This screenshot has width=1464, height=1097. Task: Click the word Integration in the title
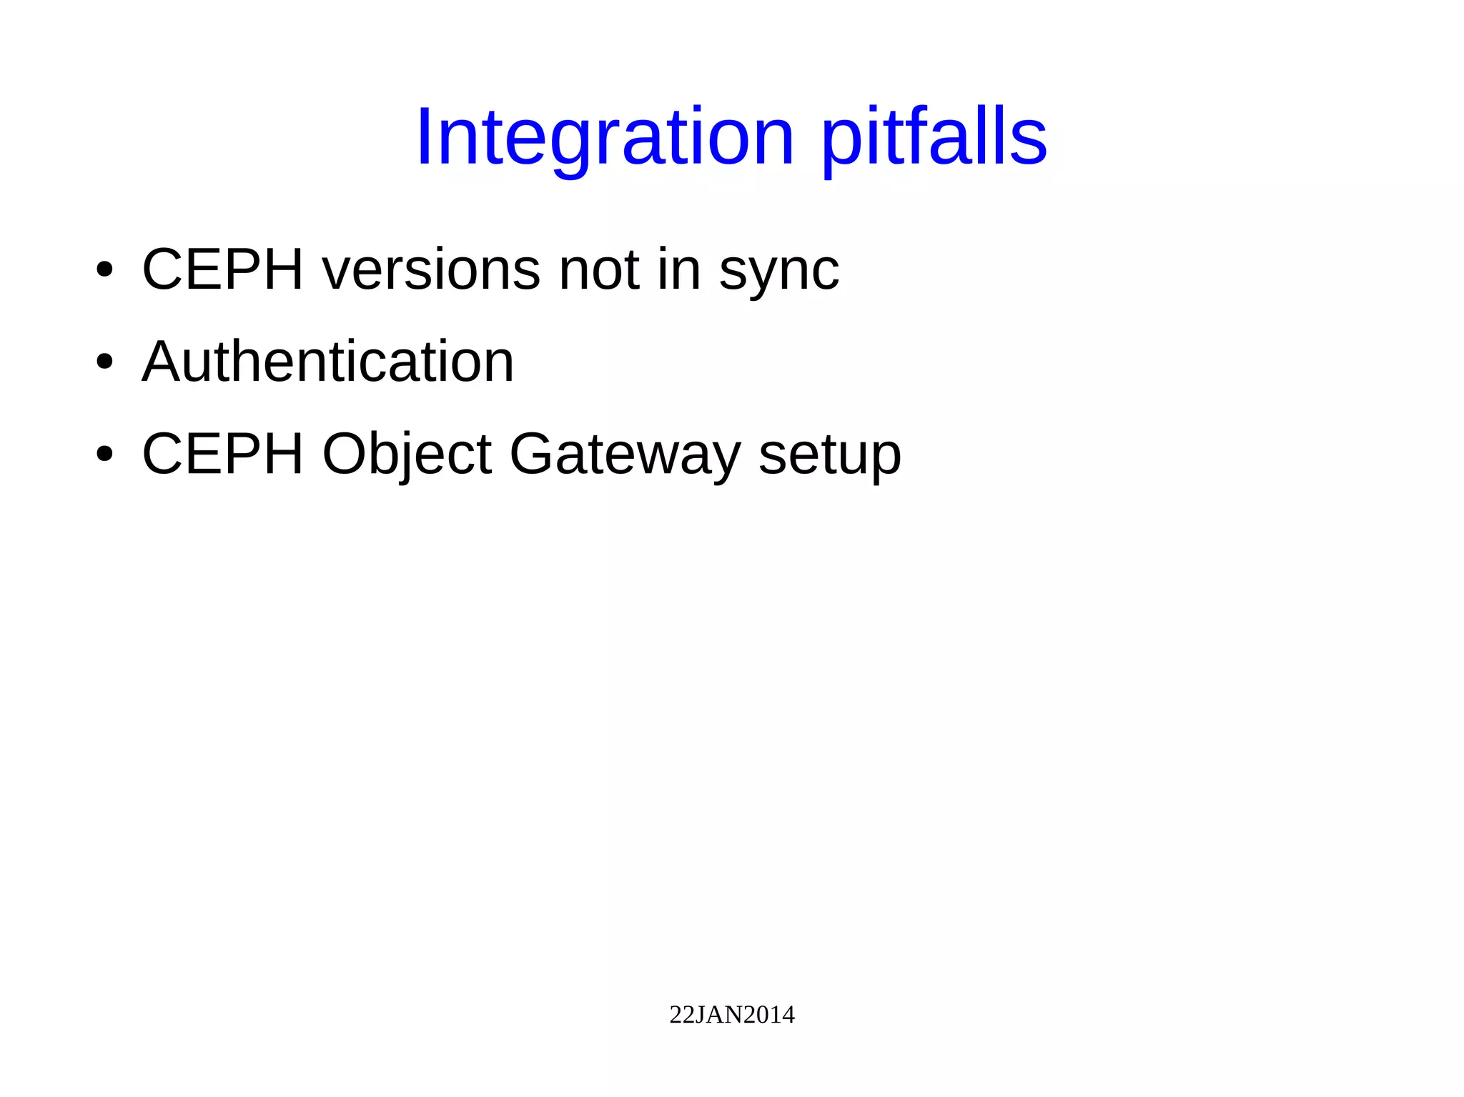(x=605, y=137)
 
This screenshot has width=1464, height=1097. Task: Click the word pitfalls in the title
(x=934, y=137)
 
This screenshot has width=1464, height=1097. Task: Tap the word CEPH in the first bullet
(x=223, y=269)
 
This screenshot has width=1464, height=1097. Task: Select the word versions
(x=431, y=269)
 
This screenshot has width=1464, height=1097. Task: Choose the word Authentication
(x=328, y=362)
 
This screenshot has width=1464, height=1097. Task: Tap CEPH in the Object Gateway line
(x=223, y=454)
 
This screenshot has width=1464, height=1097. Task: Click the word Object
(x=407, y=455)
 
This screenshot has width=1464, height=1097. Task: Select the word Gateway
(x=625, y=455)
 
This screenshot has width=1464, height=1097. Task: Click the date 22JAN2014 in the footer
(x=731, y=1015)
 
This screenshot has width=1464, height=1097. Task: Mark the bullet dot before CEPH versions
(x=104, y=271)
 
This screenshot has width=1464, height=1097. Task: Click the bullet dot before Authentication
(x=104, y=362)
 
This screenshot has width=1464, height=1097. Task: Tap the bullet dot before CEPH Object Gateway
(x=104, y=455)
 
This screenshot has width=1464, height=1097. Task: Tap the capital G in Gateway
(x=532, y=454)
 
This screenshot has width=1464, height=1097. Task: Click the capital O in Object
(x=346, y=454)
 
